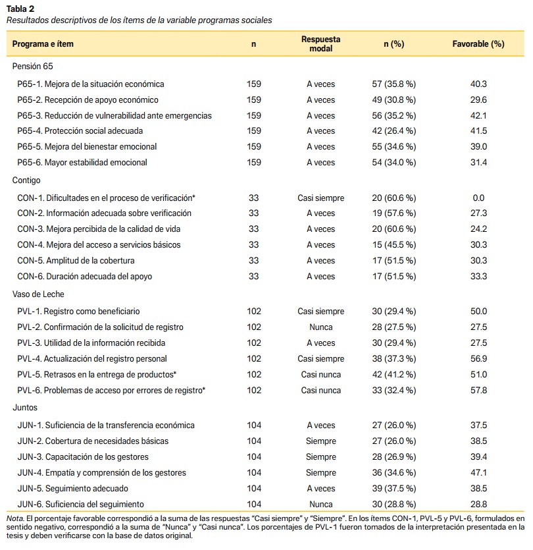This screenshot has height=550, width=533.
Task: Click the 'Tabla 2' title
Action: click(x=20, y=9)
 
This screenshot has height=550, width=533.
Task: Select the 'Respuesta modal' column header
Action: click(x=320, y=44)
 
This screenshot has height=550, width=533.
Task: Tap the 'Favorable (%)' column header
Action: click(x=478, y=44)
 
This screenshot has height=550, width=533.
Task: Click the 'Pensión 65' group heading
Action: click(x=33, y=67)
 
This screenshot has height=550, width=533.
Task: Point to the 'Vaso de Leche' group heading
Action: click(x=38, y=294)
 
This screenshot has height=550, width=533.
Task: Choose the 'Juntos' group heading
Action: click(x=25, y=408)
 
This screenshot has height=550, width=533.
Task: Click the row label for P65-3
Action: click(x=114, y=116)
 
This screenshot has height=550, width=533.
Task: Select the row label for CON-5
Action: click(x=76, y=261)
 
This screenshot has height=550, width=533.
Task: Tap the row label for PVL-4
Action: click(x=92, y=359)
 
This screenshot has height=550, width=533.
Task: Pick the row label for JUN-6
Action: click(x=80, y=505)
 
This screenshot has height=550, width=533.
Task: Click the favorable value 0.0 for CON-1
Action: click(x=478, y=198)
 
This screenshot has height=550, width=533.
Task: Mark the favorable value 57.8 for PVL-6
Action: click(x=478, y=391)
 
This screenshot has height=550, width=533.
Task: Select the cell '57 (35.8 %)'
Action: click(x=394, y=84)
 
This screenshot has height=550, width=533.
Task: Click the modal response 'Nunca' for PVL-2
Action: click(x=320, y=327)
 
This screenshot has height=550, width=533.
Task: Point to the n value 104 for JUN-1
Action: click(x=254, y=426)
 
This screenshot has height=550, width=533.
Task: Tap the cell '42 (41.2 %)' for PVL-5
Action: click(x=394, y=375)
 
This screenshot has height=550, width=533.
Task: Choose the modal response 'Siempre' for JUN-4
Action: click(x=320, y=473)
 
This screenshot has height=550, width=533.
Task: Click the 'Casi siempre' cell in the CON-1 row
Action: click(x=320, y=198)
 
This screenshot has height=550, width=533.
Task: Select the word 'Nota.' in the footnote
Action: click(x=15, y=518)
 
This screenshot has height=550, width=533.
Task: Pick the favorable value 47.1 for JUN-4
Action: click(x=478, y=473)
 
